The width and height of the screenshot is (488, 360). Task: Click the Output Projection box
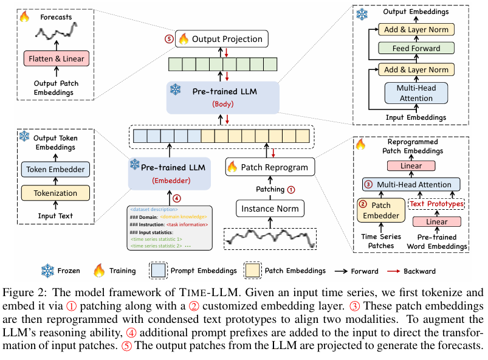221,39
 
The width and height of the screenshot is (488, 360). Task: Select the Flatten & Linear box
55,58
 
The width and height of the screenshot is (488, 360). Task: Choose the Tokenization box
55,193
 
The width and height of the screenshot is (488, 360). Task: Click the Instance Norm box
270,209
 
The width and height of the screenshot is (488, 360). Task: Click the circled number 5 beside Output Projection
169,39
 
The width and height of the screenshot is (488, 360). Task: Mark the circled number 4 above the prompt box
176,197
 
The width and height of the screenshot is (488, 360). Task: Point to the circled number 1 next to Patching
291,189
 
